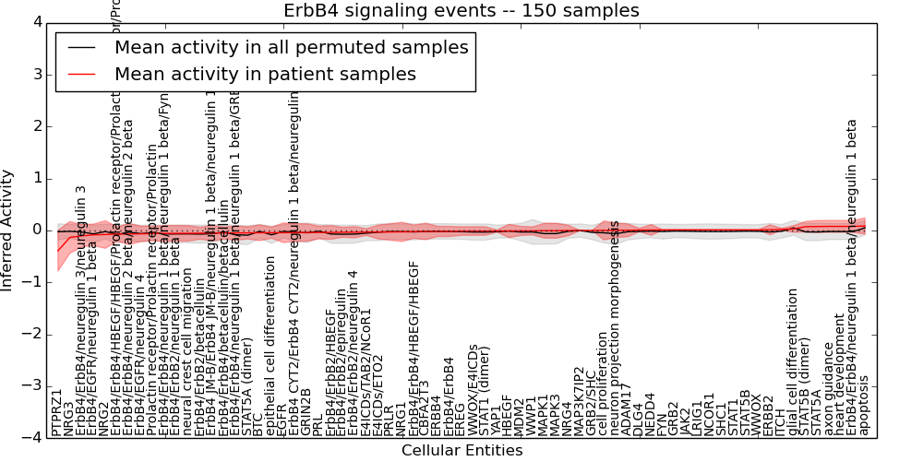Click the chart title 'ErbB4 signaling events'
tap(461, 11)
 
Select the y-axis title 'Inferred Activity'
tap(8, 230)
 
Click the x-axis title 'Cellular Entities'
tap(461, 451)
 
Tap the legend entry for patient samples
tap(265, 74)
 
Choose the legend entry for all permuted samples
tap(291, 47)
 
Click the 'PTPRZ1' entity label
tap(57, 411)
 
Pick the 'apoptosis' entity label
tap(864, 405)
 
